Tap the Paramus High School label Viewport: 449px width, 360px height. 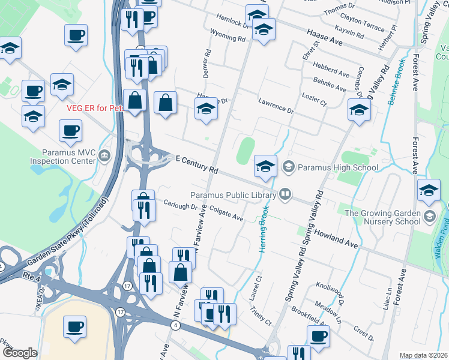point(338,167)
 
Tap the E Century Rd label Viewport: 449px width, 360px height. point(196,164)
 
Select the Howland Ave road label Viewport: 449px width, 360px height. point(335,238)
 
